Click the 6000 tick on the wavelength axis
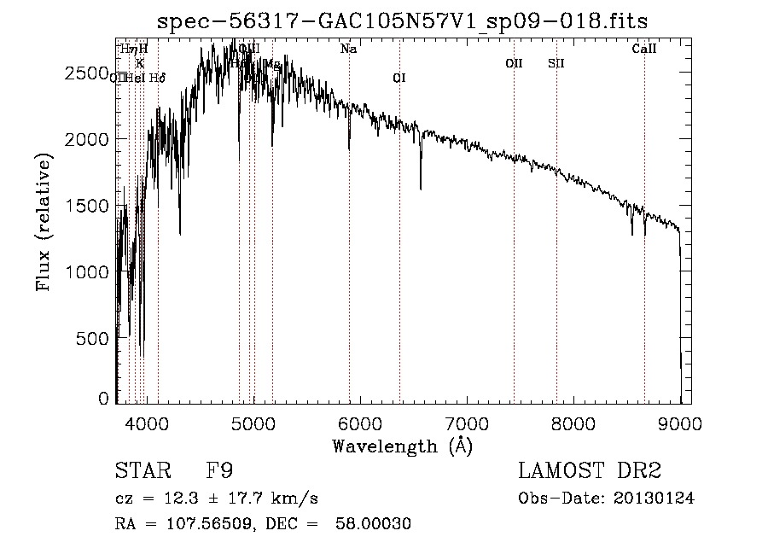tap(360, 421)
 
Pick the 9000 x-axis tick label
tap(680, 421)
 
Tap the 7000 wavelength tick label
tap(467, 421)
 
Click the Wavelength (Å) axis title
tap(402, 446)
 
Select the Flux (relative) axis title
tap(44, 222)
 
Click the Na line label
tap(348, 50)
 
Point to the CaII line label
tap(644, 50)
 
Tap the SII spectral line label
tap(556, 63)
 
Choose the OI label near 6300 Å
tap(399, 78)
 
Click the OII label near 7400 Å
tap(514, 63)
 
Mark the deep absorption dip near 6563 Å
tap(421, 186)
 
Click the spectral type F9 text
tap(220, 471)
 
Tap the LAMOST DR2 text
tap(590, 471)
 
